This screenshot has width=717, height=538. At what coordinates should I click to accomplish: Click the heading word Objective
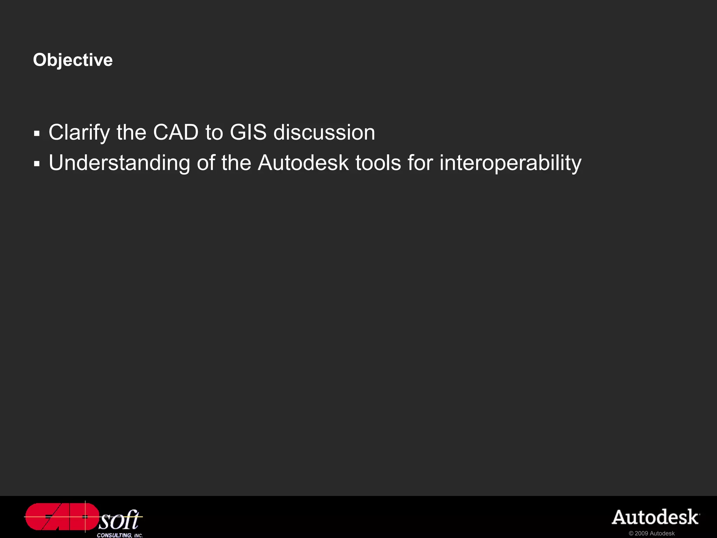point(73,60)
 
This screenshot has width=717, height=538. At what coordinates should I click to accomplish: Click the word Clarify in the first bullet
point(79,133)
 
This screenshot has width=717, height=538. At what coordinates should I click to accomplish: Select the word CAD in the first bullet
point(176,132)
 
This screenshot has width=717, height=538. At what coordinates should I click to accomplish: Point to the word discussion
point(324,132)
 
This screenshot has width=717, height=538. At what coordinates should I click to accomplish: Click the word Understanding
point(119,163)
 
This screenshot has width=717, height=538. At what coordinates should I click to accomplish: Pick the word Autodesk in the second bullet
point(303,163)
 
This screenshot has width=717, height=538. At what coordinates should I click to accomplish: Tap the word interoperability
point(510,163)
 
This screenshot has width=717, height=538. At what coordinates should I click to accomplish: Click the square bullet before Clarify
point(37,133)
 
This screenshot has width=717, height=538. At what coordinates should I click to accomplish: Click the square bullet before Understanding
point(37,164)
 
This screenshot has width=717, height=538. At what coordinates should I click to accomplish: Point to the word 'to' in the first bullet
point(214,132)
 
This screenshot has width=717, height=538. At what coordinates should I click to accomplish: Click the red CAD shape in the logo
point(61,517)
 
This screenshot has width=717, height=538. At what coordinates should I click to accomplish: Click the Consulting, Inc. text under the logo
point(120,535)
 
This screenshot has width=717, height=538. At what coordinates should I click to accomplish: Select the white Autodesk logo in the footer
point(655,517)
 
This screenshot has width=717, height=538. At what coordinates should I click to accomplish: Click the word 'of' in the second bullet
point(206,163)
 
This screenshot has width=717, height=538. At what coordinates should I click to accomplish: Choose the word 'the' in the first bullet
point(131,132)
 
